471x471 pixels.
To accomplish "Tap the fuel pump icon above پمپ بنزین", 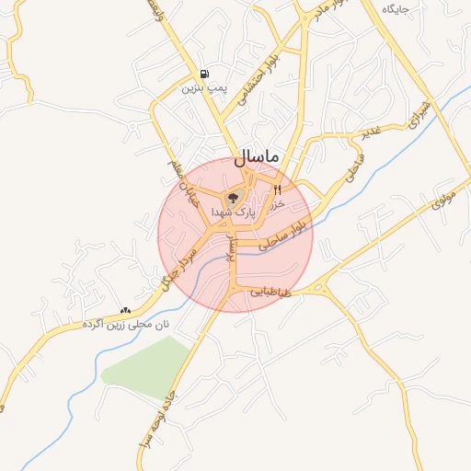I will click(203, 75).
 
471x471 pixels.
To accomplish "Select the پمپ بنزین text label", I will click(203, 88).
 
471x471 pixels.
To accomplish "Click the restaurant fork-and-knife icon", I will click(277, 189).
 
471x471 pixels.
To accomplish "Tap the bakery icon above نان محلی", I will click(125, 311).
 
